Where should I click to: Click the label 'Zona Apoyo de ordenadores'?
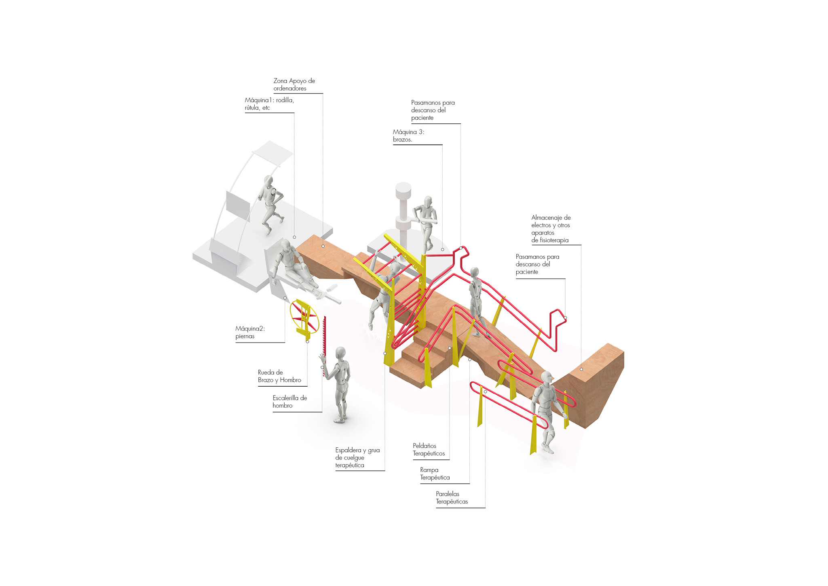coord(294,85)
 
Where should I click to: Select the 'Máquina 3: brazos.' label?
coord(408,135)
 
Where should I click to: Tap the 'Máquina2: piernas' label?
coord(250,332)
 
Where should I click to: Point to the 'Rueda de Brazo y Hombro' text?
coord(279,376)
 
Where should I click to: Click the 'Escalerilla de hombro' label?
coord(289,402)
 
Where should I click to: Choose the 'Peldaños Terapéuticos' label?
coord(429,449)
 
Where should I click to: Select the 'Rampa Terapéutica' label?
coord(435,474)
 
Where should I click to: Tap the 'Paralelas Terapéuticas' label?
coord(452,497)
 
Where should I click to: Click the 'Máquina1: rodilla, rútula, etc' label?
coord(269,104)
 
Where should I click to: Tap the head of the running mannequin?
coord(268,180)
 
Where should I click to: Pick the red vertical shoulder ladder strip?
coord(324,346)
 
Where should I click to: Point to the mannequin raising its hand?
coord(339,385)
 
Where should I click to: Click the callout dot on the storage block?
coord(581,369)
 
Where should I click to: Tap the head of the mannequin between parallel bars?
coord(546,378)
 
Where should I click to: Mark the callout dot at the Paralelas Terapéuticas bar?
coord(485,391)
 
